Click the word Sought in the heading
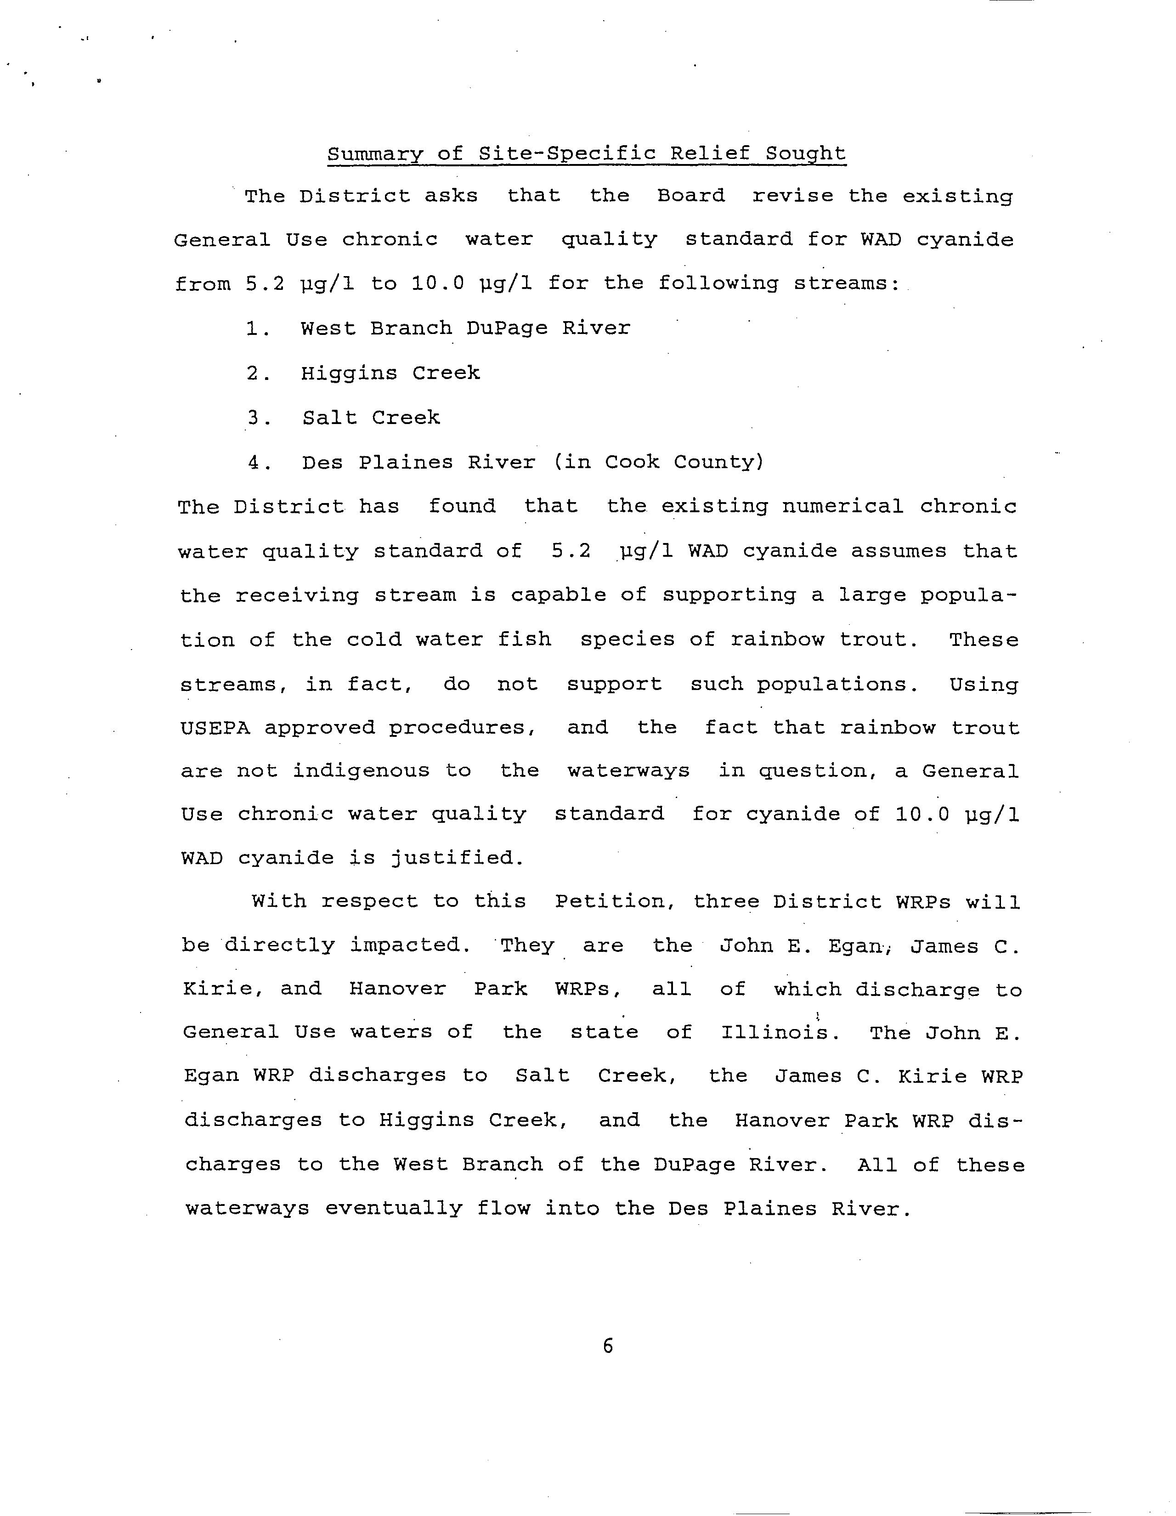click(805, 153)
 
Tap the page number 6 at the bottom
click(608, 1346)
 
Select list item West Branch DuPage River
click(465, 328)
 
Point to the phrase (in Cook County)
click(659, 462)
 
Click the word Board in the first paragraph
click(691, 196)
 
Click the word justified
click(455, 858)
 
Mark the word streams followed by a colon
click(846, 283)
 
